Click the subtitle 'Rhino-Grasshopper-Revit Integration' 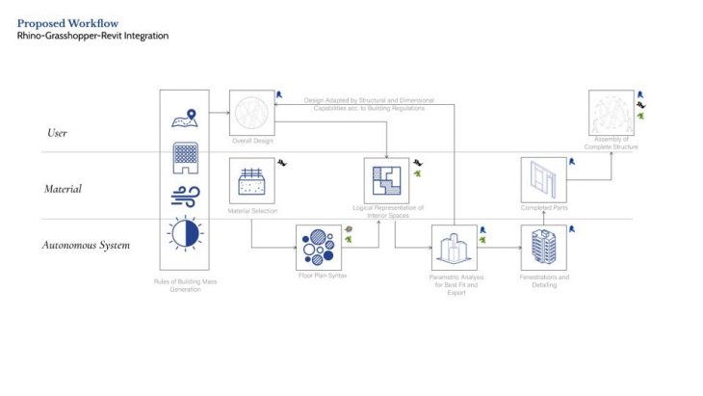(x=92, y=36)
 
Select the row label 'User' (x=57, y=132)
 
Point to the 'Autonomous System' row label (x=86, y=245)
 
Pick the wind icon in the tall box (x=184, y=197)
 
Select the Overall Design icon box (x=251, y=112)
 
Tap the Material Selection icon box (x=251, y=181)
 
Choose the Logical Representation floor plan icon (x=386, y=179)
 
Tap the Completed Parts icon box (x=543, y=180)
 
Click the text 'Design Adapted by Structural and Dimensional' (x=369, y=100)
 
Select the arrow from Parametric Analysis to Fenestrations (x=498, y=248)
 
